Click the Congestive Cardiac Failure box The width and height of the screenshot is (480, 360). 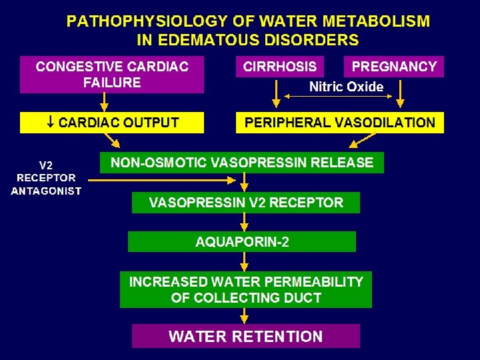click(x=111, y=75)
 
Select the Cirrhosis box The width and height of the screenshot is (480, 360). click(x=280, y=67)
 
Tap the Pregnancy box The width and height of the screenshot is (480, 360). click(x=393, y=67)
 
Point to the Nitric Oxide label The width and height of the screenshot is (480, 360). click(x=346, y=87)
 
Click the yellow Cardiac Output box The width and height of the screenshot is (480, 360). click(x=111, y=123)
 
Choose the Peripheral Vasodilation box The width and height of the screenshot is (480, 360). click(x=339, y=123)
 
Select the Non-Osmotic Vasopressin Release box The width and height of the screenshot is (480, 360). click(x=241, y=162)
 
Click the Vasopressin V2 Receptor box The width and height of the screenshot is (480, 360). click(x=245, y=203)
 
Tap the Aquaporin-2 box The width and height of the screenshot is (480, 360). click(x=241, y=241)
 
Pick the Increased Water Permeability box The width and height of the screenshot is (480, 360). click(x=245, y=289)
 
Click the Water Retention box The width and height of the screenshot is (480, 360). click(x=245, y=336)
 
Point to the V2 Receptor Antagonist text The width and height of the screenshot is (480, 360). click(x=46, y=177)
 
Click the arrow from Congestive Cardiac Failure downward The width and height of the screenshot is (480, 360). click(x=104, y=101)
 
